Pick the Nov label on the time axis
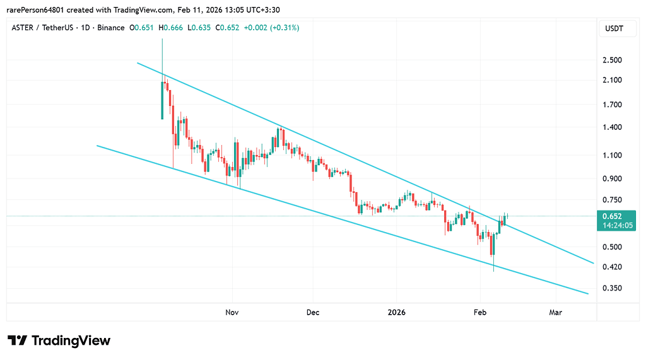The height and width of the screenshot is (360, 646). point(232,312)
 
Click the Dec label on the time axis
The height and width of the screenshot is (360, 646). point(313,312)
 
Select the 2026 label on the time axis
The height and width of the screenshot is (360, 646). point(397,312)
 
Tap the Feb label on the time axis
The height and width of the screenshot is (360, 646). point(479,312)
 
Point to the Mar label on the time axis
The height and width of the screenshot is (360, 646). point(556,312)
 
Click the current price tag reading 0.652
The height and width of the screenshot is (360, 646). point(611,216)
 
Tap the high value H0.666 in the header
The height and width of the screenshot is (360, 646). point(172,28)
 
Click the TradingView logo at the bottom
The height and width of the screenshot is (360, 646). point(60,340)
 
